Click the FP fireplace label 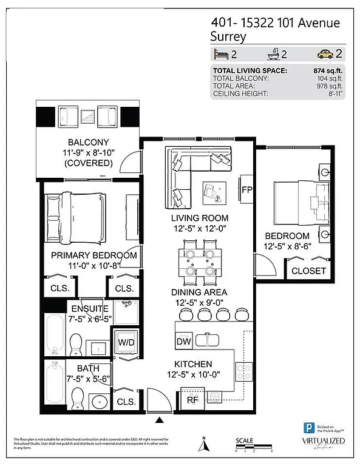[x=246, y=189]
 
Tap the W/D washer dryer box [x=126, y=342]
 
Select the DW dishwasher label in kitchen [x=184, y=342]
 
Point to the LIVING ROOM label [x=200, y=218]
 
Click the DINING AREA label [x=199, y=292]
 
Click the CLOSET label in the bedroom [x=308, y=271]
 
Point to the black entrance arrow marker [x=160, y=419]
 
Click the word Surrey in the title [x=228, y=36]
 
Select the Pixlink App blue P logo [x=308, y=428]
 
